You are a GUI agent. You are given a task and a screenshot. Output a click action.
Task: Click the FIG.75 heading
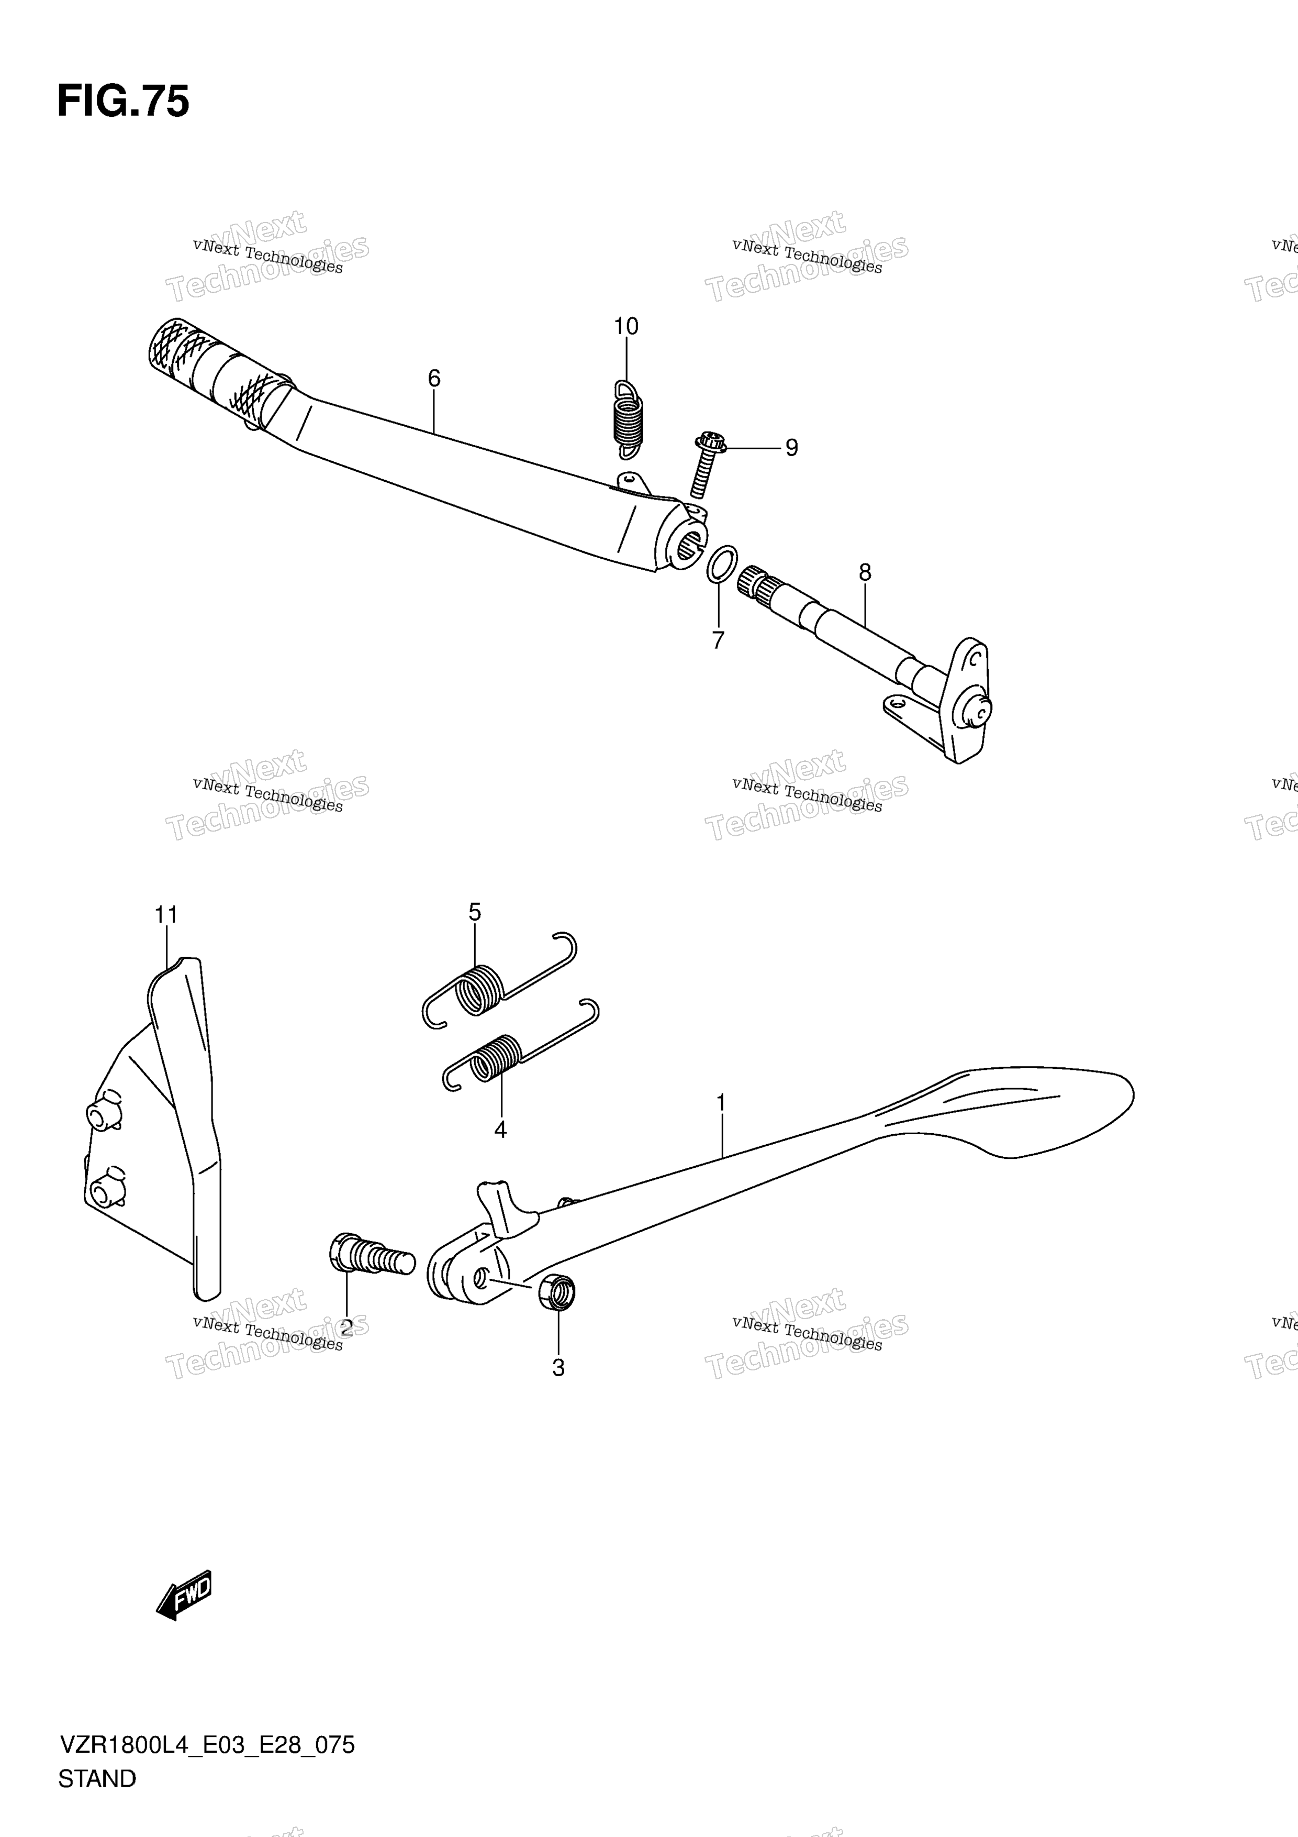(123, 103)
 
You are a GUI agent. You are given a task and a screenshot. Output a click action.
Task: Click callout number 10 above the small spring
(626, 326)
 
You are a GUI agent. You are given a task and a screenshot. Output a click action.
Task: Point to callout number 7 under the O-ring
(718, 640)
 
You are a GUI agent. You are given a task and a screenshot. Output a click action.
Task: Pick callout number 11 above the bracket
(166, 914)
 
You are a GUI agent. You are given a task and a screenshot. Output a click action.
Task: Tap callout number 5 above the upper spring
(475, 912)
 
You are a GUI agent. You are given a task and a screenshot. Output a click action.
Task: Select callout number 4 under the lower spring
(501, 1130)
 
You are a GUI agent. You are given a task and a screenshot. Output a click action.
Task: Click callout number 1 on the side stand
(721, 1103)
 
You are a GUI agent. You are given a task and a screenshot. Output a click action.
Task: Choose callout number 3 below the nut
(558, 1368)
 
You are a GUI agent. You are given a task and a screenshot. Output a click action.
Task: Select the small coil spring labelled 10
(628, 420)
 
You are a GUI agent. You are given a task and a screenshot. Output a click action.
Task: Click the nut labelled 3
(557, 1294)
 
